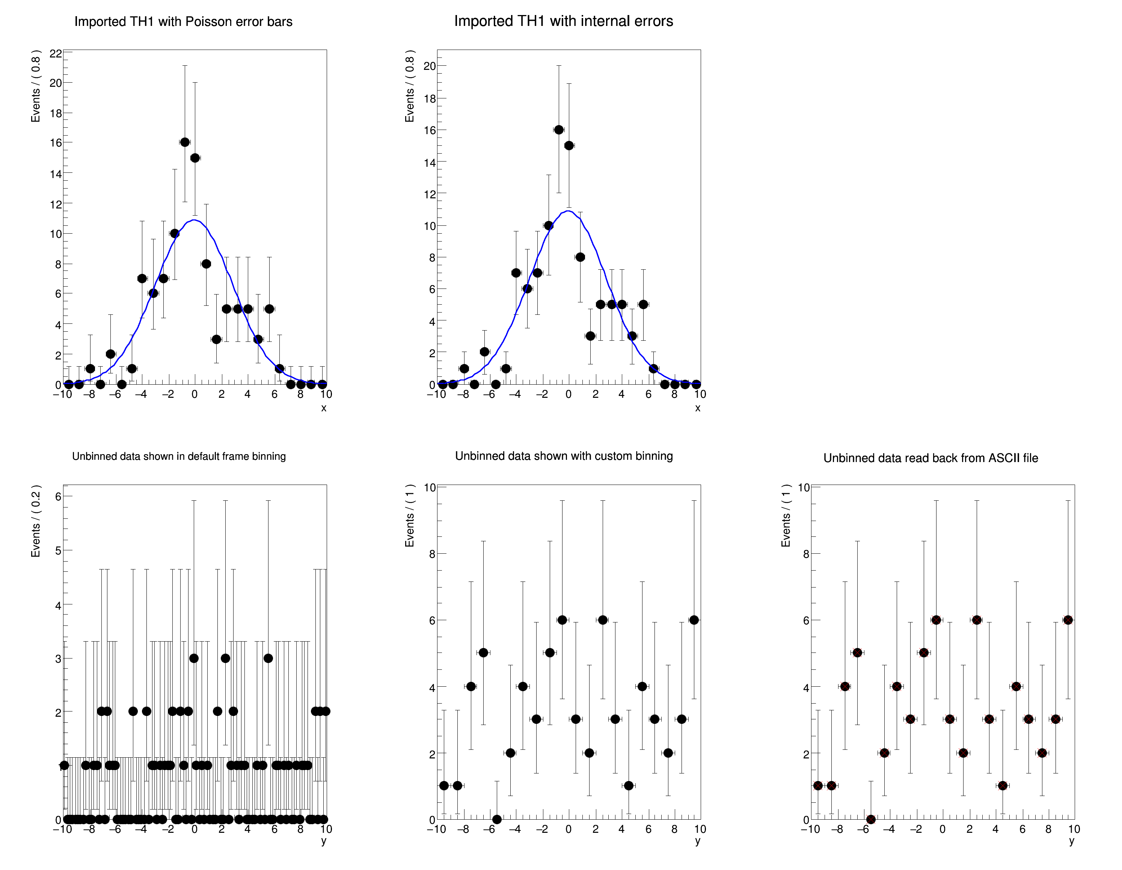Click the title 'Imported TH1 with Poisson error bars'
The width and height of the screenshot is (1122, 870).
click(183, 21)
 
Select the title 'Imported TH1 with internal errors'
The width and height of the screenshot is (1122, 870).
click(564, 21)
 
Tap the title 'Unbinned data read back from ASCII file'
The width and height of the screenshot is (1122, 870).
click(930, 458)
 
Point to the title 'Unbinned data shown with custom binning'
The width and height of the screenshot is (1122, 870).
click(564, 456)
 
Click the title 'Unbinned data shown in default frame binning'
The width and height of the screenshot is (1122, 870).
click(179, 456)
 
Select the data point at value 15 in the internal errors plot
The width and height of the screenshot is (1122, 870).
click(569, 145)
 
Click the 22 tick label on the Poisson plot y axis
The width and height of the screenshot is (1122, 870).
click(56, 53)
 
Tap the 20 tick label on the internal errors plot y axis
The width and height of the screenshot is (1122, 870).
click(430, 66)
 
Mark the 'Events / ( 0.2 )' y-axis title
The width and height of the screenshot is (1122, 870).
click(35, 521)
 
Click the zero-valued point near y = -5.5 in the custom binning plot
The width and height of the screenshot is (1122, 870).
click(497, 819)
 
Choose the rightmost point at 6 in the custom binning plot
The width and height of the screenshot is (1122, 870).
click(694, 620)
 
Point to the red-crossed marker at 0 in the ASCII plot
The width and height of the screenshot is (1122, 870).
click(871, 819)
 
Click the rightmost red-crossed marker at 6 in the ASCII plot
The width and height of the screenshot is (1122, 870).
click(1068, 620)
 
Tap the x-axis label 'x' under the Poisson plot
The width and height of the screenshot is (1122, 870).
click(324, 408)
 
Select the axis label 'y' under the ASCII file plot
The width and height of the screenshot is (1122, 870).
click(1072, 841)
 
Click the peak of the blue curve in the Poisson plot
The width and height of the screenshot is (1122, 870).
click(194, 220)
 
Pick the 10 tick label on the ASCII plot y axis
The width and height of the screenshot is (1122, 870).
click(804, 487)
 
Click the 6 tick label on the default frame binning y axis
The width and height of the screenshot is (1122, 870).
click(58, 496)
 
